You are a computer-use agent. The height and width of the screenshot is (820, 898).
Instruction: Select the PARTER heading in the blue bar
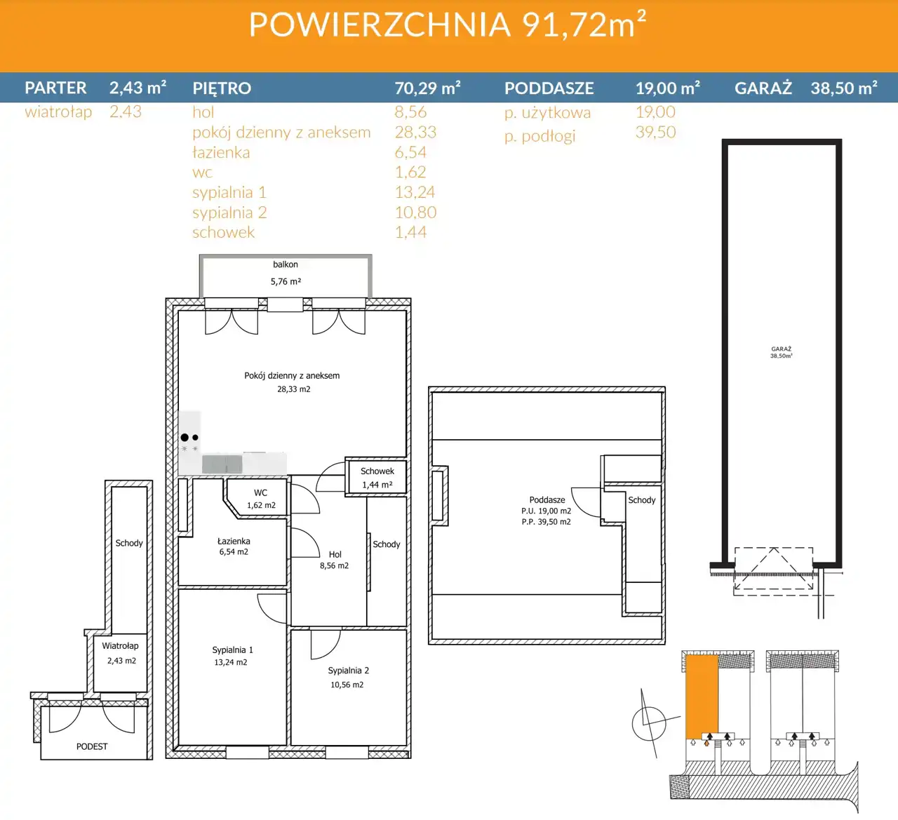pyautogui.click(x=55, y=88)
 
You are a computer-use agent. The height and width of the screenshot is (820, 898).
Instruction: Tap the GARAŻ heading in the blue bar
pyautogui.click(x=763, y=88)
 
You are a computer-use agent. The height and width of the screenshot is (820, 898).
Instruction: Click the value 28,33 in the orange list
pyautogui.click(x=415, y=132)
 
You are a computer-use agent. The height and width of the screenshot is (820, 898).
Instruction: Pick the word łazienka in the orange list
pyautogui.click(x=221, y=152)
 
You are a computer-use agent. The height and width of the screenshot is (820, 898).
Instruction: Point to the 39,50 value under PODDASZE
pyautogui.click(x=655, y=132)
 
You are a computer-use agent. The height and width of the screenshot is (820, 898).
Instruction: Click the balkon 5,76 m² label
pyautogui.click(x=286, y=273)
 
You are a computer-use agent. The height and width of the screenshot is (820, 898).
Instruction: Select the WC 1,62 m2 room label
pyautogui.click(x=261, y=499)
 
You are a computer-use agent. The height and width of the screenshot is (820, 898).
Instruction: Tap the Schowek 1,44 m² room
pyautogui.click(x=377, y=478)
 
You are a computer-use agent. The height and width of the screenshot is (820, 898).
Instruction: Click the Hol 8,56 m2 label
pyautogui.click(x=335, y=560)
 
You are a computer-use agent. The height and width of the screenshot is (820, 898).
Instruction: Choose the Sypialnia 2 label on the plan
pyautogui.click(x=348, y=670)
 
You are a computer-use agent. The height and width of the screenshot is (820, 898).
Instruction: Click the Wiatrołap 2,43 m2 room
pyautogui.click(x=121, y=653)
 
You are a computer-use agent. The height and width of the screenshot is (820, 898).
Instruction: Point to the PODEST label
pyautogui.click(x=92, y=746)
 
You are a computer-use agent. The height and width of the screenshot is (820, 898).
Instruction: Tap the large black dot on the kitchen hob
pyautogui.click(x=185, y=437)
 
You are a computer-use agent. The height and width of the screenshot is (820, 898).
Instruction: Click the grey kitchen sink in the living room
pyautogui.click(x=222, y=464)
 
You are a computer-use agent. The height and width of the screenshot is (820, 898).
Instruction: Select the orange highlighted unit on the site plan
pyautogui.click(x=702, y=697)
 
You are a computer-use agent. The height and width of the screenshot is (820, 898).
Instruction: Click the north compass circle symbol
pyautogui.click(x=649, y=724)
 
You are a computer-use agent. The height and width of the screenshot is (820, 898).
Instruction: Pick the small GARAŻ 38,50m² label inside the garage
pyautogui.click(x=781, y=352)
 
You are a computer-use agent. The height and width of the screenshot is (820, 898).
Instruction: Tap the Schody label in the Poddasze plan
pyautogui.click(x=641, y=500)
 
